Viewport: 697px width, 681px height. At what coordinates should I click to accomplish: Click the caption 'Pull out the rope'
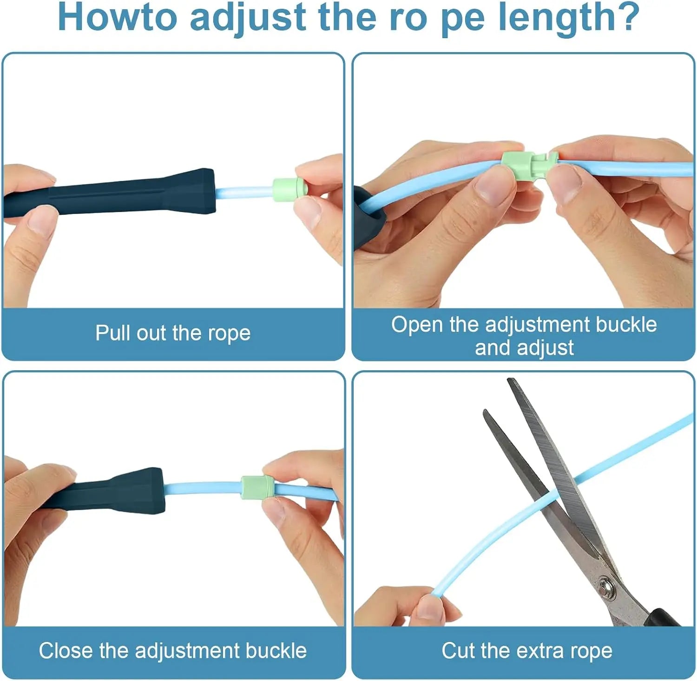click(173, 333)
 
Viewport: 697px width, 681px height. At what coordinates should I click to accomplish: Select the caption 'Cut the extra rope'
click(527, 651)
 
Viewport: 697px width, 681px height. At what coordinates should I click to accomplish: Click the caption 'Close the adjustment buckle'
click(173, 651)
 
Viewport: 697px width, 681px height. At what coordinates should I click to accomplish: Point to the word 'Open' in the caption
click(417, 325)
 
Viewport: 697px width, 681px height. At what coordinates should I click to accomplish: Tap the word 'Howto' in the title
click(117, 18)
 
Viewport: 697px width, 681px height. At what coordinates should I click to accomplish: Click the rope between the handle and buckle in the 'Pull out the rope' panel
click(244, 191)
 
